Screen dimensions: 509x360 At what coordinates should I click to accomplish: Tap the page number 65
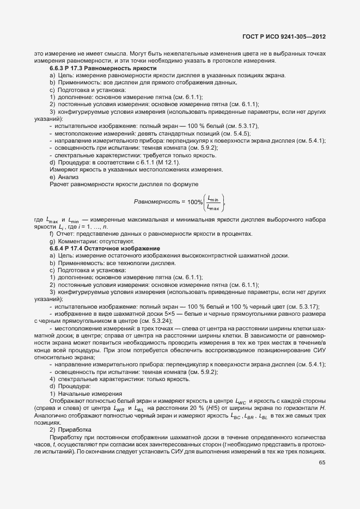[322, 463]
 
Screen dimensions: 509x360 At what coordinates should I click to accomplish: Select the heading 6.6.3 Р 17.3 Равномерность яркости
[103, 68]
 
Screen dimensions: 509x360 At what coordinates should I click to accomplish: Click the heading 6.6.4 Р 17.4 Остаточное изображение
[105, 249]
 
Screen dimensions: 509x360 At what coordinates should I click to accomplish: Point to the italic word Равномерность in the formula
[156, 202]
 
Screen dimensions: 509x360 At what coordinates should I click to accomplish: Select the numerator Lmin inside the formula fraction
[213, 198]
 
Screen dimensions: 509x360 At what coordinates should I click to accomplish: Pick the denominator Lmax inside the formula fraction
[213, 207]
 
